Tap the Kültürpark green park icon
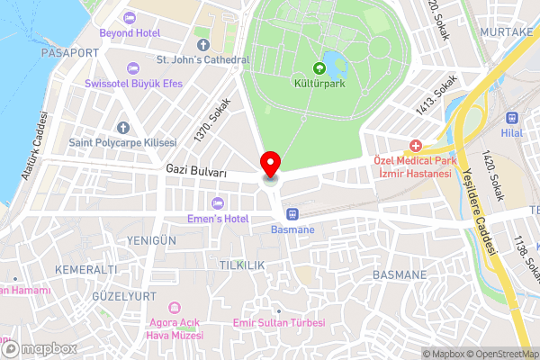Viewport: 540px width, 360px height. tap(319, 67)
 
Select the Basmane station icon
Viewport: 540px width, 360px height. tap(292, 213)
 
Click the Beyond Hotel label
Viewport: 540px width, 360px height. tap(130, 32)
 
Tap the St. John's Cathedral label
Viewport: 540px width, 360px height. tap(202, 60)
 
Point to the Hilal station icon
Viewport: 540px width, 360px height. tap(512, 117)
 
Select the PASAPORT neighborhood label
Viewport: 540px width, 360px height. tap(69, 53)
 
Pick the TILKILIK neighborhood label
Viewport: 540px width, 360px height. tap(240, 265)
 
